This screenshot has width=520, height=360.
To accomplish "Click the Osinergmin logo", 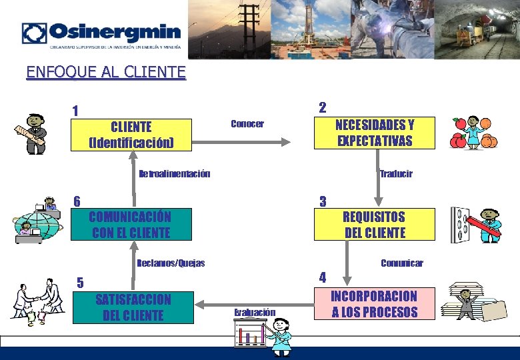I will coord(101,34).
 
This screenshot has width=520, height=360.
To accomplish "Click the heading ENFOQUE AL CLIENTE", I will coord(106,71).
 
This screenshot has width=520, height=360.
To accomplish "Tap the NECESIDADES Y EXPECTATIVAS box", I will coord(374,133).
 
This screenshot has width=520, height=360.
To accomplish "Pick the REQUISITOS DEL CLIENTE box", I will coord(374,225).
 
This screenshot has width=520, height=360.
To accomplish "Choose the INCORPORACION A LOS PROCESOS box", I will coord(374,304).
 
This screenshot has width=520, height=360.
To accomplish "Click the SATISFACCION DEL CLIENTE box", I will coord(133,307).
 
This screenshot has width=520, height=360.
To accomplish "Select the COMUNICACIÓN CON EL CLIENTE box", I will coord(131,225).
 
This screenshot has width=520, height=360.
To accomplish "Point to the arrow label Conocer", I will coord(247,124).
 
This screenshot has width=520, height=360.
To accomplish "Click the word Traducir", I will coord(396,174).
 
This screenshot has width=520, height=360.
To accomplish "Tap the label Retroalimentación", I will coord(174,175).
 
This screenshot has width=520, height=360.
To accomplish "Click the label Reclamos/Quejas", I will coord(171,263).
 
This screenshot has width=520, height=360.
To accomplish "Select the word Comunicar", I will coord(401,263).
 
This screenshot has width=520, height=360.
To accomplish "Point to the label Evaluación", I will coord(255,312).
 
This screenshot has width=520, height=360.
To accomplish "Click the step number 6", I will coord(77,201).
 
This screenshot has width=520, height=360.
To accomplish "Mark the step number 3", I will coord(323,201).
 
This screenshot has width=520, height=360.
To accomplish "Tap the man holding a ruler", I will coord(32,133).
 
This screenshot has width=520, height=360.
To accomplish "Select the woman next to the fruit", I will coord(474,133).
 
